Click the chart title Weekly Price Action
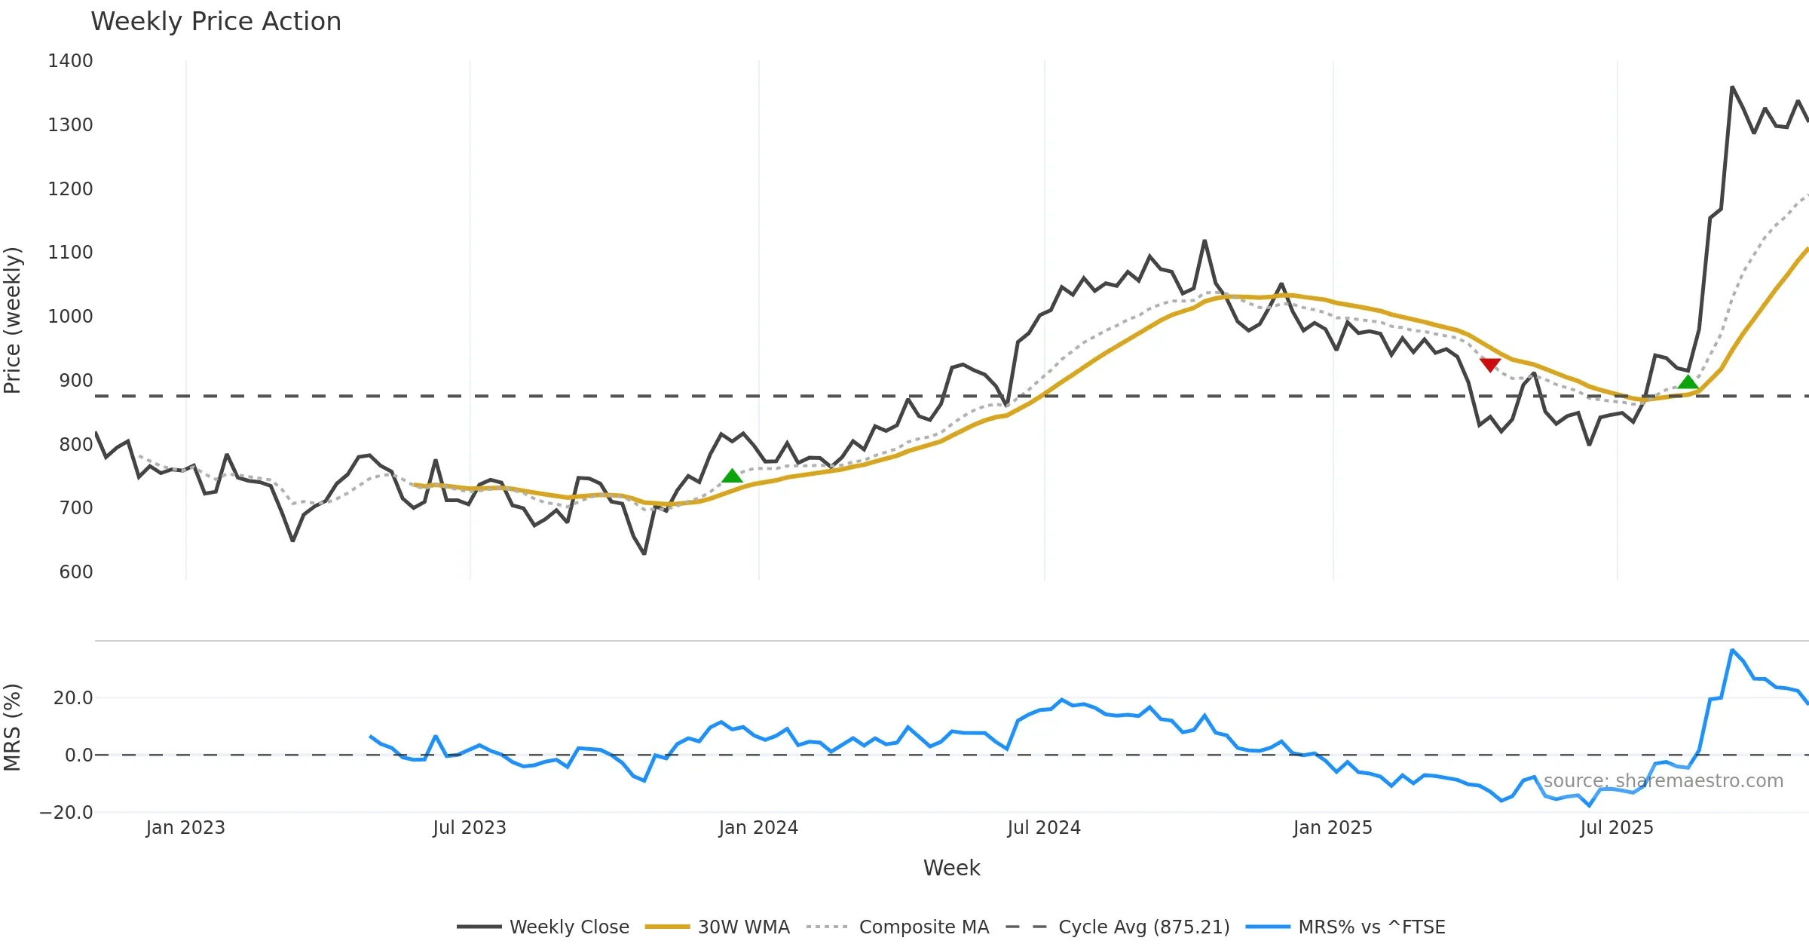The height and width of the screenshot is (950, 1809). (216, 22)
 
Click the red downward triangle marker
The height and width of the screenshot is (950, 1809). (1489, 365)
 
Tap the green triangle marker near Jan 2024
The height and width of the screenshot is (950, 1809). (732, 476)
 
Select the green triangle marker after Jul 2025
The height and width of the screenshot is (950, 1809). (1688, 382)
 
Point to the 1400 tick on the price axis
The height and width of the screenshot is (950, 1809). (70, 61)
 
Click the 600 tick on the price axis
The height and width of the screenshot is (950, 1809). (76, 572)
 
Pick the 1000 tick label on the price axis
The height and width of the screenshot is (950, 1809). (70, 317)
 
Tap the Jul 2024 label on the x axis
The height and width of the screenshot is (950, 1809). (1043, 828)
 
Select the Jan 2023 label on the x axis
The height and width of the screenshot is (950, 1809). (185, 828)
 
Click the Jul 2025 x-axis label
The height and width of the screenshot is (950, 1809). (1616, 828)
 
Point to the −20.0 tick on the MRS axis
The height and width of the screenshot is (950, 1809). (66, 813)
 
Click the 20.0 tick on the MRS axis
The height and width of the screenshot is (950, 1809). (73, 698)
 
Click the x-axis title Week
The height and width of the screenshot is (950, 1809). (951, 868)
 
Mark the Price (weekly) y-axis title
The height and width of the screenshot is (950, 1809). (13, 320)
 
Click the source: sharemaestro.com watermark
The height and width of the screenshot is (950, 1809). (1663, 781)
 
